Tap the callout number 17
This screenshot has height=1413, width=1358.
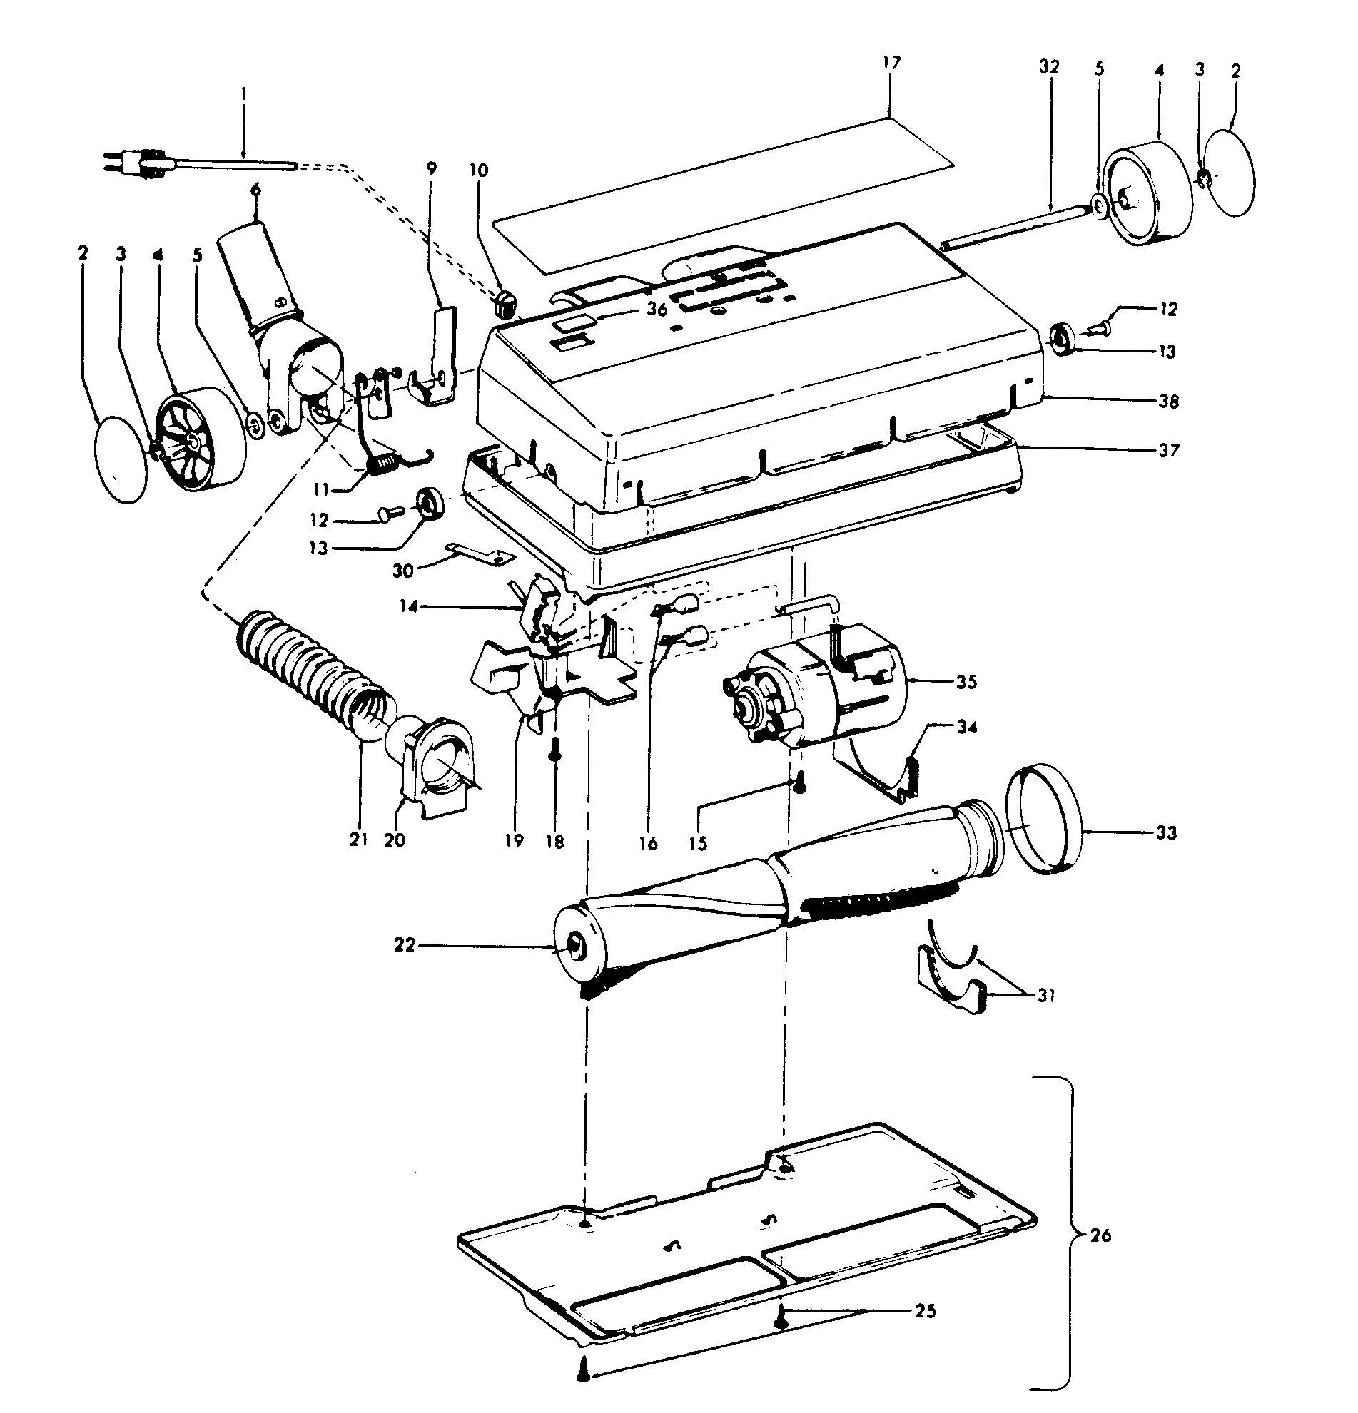tap(891, 63)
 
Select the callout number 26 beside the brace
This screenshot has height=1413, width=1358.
tap(1100, 1234)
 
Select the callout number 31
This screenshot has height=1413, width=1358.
tap(1045, 996)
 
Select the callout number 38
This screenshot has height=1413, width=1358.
tap(1169, 402)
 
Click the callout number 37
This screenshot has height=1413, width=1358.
tap(1168, 451)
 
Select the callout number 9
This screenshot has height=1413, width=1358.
tap(432, 170)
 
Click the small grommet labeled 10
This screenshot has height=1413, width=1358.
tap(505, 305)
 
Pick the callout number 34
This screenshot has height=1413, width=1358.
tap(967, 728)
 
